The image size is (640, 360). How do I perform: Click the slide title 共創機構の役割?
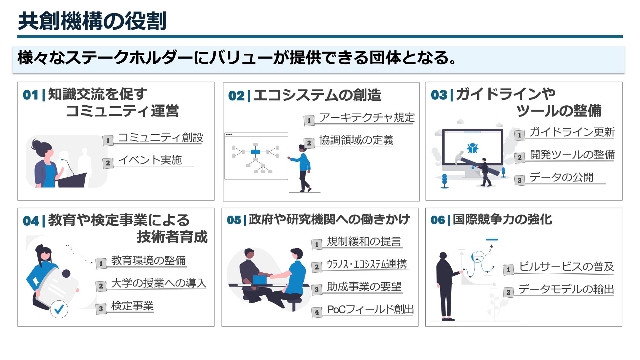click(92, 21)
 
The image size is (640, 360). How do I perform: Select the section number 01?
click(31, 95)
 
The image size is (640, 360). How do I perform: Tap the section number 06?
click(438, 220)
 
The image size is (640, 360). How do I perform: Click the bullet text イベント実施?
click(150, 160)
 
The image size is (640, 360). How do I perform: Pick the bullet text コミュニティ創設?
click(160, 138)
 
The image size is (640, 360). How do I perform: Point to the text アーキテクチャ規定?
click(367, 117)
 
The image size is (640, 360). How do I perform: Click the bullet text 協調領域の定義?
click(356, 140)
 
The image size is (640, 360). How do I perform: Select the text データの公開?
click(561, 177)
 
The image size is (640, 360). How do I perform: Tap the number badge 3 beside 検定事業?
click(101, 309)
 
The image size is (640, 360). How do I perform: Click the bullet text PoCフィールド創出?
click(370, 309)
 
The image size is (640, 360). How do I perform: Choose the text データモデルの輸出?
click(566, 289)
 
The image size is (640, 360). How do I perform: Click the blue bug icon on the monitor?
click(472, 148)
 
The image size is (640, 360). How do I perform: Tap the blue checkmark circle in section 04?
click(59, 309)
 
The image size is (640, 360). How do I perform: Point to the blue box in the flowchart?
click(255, 152)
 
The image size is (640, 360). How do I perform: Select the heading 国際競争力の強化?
click(502, 220)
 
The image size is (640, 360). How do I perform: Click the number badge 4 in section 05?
click(316, 312)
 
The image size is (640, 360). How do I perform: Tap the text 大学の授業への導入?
click(159, 283)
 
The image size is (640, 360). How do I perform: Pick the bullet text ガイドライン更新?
click(572, 132)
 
